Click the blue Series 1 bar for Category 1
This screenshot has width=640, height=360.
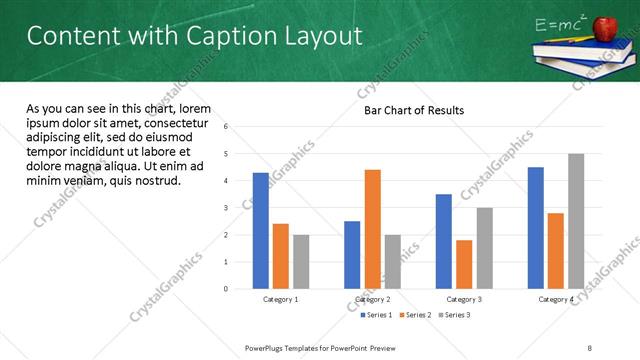click(x=261, y=231)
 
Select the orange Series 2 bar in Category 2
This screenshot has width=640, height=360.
click(x=372, y=229)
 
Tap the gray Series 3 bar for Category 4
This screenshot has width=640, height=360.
click(x=575, y=221)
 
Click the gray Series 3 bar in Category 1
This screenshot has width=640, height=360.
click(x=301, y=262)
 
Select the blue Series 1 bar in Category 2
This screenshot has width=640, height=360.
click(x=352, y=255)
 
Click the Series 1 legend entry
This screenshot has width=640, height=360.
click(x=377, y=315)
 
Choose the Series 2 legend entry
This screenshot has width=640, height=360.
click(x=416, y=315)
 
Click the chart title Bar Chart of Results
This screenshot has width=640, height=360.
click(x=413, y=110)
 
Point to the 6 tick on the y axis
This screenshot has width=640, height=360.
click(x=226, y=127)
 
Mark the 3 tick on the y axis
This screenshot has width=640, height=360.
click(x=226, y=208)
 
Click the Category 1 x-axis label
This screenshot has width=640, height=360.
click(x=281, y=299)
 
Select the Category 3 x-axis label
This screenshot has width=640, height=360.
click(x=464, y=299)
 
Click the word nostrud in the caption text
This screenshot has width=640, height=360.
click(x=155, y=181)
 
